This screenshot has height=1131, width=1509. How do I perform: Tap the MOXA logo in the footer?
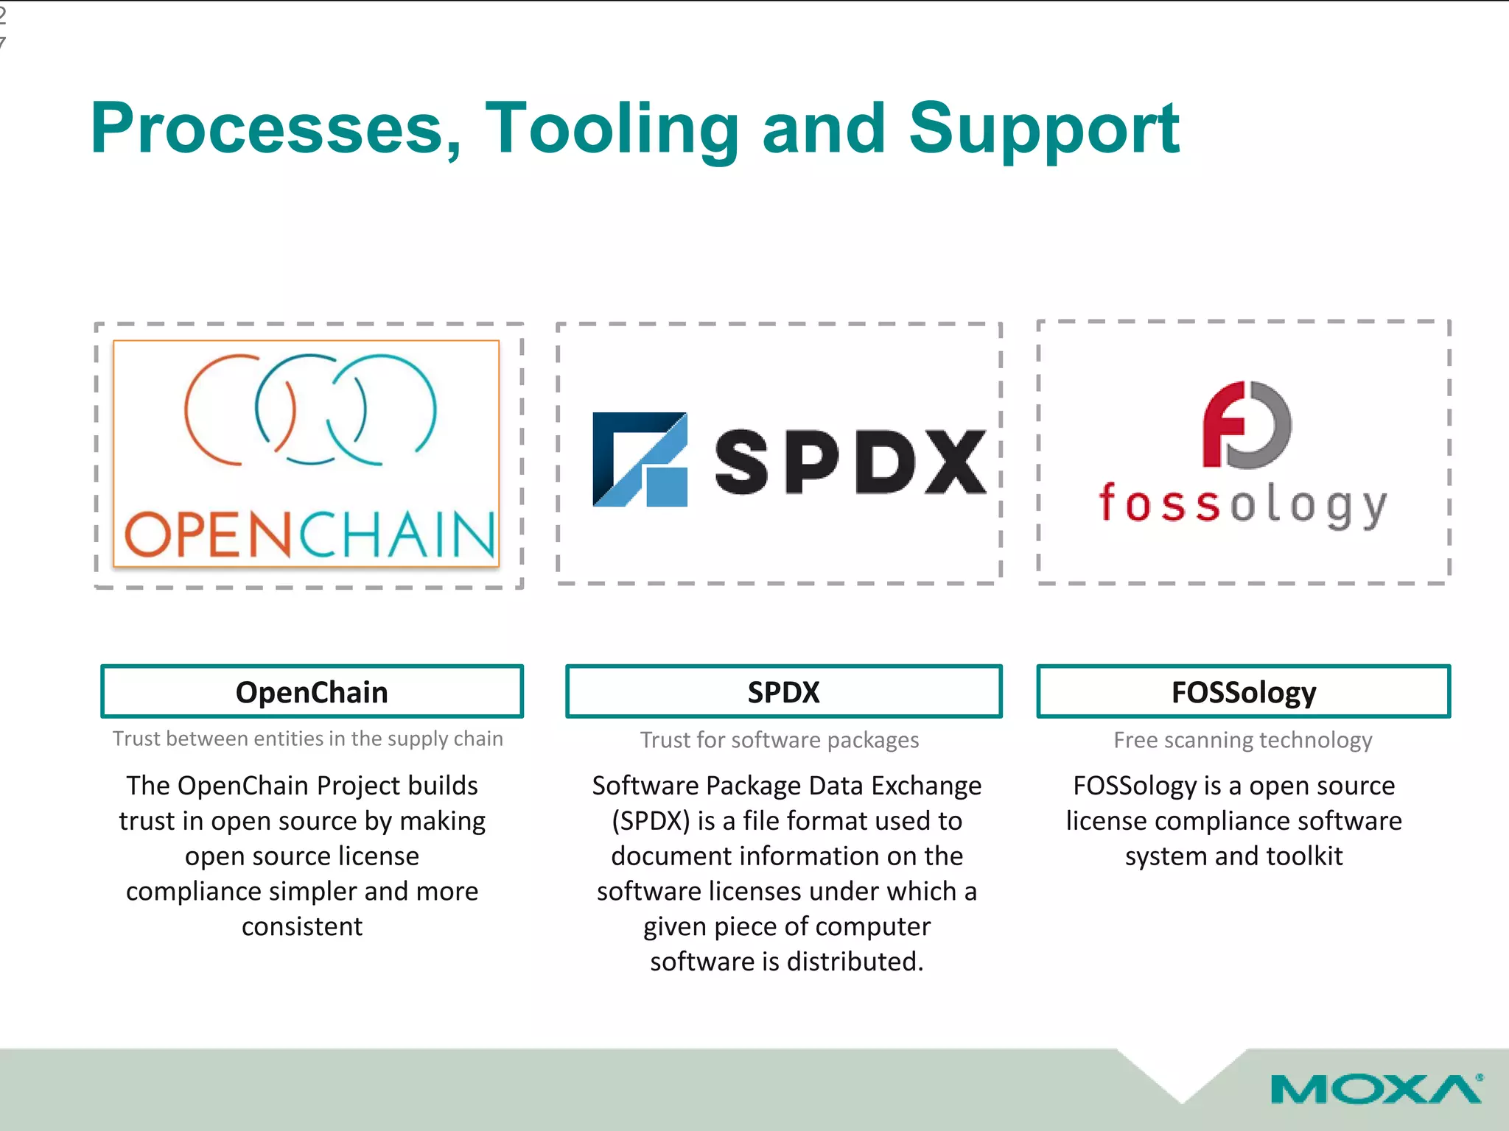(1376, 1090)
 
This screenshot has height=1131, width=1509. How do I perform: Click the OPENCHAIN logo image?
(307, 454)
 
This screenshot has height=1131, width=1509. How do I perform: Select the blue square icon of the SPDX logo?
(640, 459)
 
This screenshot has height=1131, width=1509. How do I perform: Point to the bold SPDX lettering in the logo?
(850, 462)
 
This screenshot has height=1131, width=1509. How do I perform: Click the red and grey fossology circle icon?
(1246, 425)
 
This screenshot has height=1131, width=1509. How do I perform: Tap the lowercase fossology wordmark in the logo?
(1242, 505)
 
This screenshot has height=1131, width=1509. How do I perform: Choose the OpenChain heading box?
(312, 691)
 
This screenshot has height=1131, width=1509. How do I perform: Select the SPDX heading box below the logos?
(783, 691)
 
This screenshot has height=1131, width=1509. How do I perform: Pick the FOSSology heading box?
(1243, 691)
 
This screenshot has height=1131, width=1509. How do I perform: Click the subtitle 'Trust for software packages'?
(780, 740)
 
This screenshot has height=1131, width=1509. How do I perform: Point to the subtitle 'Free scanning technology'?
(1242, 740)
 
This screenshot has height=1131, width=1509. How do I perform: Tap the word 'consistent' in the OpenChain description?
(302, 926)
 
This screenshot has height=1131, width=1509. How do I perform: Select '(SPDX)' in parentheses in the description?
(651, 821)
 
